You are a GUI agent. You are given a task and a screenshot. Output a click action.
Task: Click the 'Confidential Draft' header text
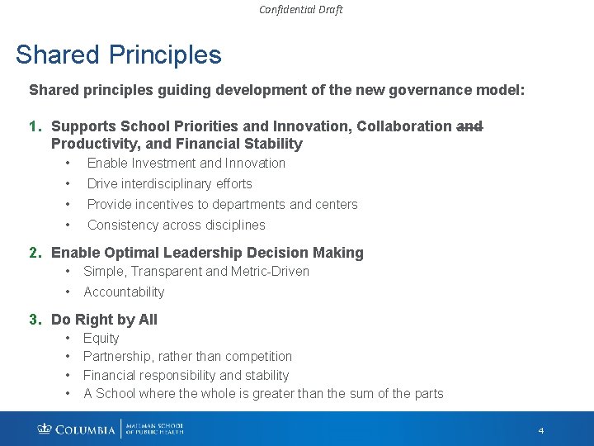[300, 10]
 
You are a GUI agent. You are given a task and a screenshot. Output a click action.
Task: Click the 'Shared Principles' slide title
[119, 55]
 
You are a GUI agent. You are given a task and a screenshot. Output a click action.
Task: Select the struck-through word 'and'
[469, 126]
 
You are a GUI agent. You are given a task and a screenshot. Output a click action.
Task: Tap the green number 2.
[34, 253]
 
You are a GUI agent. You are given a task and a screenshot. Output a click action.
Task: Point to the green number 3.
[34, 320]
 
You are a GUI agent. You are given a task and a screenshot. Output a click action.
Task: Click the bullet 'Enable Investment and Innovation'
[186, 164]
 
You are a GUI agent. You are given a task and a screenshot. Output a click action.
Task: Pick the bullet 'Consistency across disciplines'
[176, 225]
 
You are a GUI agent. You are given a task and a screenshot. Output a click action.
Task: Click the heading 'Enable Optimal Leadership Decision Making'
[207, 253]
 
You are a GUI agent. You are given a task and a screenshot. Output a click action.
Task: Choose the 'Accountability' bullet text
[124, 292]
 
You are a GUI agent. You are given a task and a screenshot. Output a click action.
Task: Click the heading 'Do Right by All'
[104, 320]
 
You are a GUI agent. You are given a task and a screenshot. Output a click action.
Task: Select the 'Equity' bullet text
[101, 339]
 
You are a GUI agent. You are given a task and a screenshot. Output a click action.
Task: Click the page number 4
[541, 430]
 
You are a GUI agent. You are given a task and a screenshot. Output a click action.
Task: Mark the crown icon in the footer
[45, 429]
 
